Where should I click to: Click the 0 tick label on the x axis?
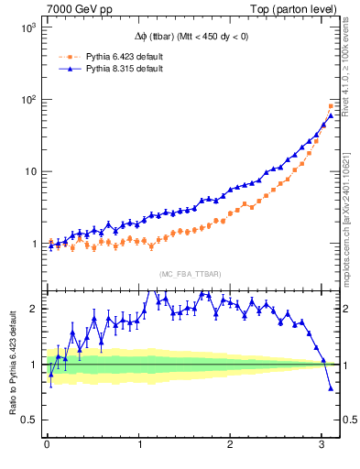47,446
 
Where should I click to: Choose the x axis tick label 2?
231,446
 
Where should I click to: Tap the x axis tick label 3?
322,446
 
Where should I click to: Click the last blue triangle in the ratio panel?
331,388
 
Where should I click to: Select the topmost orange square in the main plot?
331,106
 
